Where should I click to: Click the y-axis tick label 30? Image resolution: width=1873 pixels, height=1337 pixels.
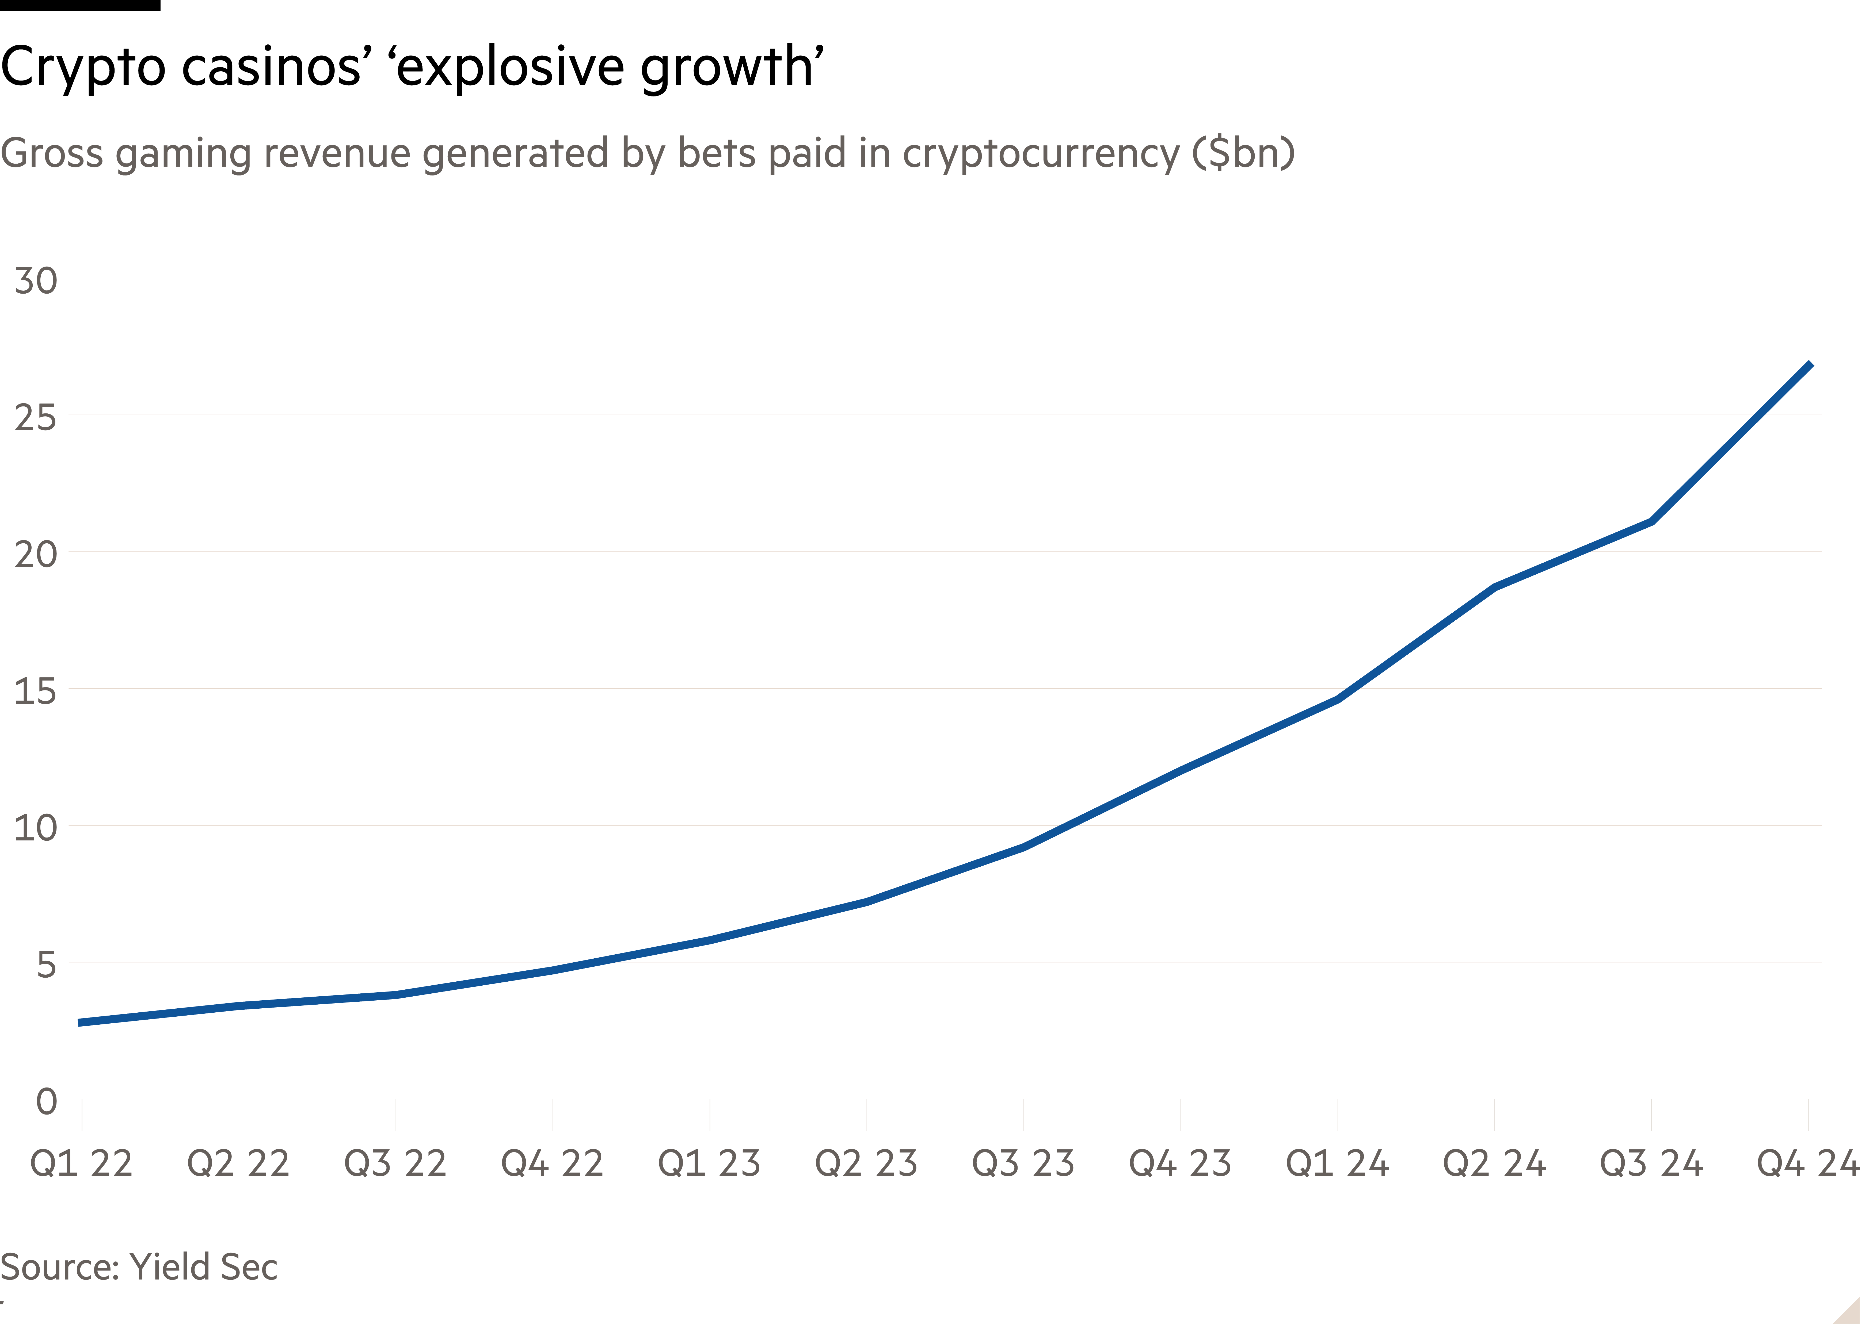pyautogui.click(x=35, y=281)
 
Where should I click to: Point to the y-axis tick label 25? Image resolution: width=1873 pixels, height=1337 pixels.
pyautogui.click(x=35, y=417)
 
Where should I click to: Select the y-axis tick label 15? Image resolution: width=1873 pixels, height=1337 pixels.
pyautogui.click(x=35, y=691)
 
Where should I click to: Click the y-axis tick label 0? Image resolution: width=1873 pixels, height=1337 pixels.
pyautogui.click(x=46, y=1101)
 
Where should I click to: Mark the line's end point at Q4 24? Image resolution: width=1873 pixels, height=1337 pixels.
pyautogui.click(x=1810, y=364)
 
